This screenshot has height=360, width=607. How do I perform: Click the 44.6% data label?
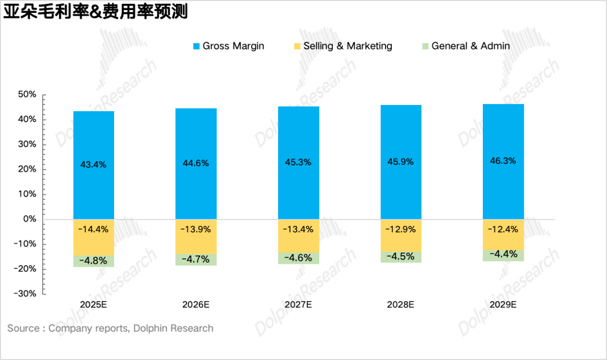click(x=196, y=163)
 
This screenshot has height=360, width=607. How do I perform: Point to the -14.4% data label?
click(x=93, y=229)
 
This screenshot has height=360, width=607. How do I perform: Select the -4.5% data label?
click(x=401, y=257)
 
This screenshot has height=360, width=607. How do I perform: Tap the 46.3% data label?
click(x=503, y=161)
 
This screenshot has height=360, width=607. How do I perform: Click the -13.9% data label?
click(x=196, y=229)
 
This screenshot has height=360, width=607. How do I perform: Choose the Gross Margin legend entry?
click(x=228, y=46)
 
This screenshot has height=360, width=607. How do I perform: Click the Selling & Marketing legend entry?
click(x=343, y=46)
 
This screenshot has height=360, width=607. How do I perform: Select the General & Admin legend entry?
click(x=465, y=46)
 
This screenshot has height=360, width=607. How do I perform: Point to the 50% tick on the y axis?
click(x=27, y=95)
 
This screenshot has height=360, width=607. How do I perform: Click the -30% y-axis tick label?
click(x=25, y=294)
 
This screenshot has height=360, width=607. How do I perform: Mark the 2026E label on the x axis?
click(x=196, y=305)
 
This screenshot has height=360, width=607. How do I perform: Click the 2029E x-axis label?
click(x=503, y=305)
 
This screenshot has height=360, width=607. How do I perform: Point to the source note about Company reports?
click(x=110, y=329)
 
